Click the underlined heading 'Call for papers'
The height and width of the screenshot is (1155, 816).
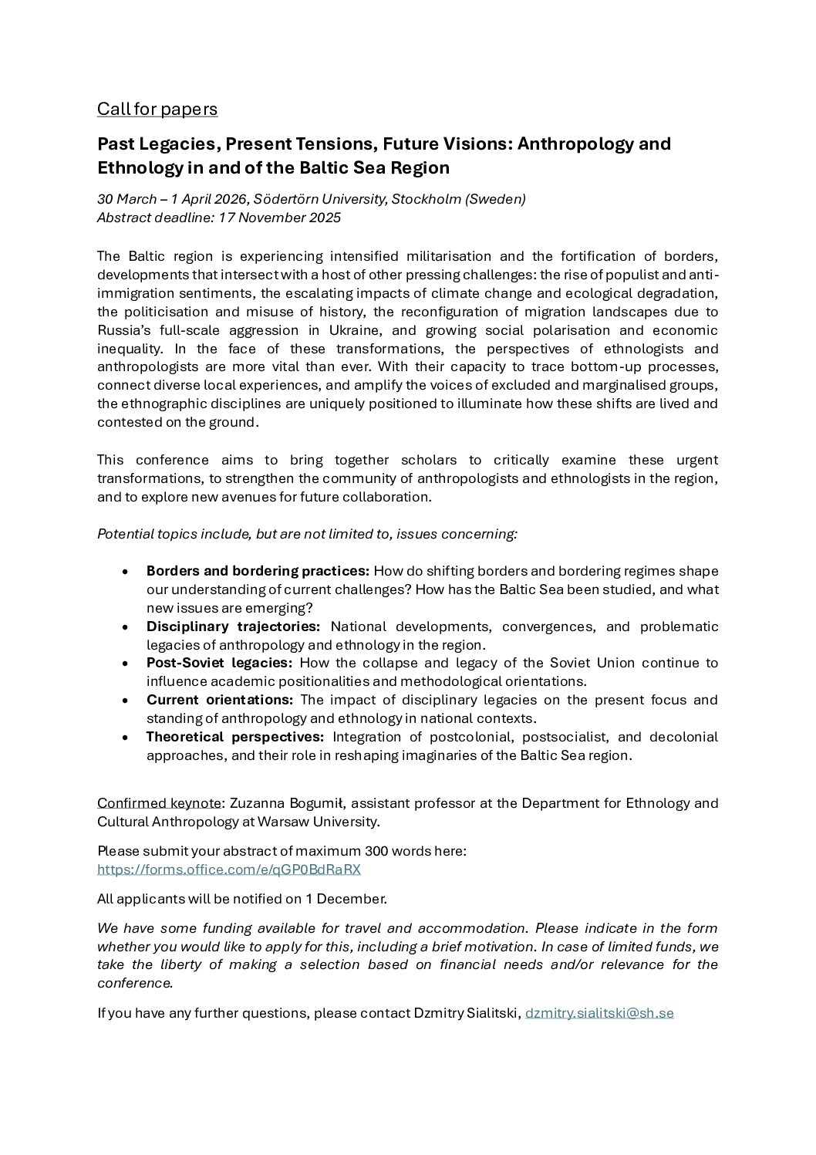157,110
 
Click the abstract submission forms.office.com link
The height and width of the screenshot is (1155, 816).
229,870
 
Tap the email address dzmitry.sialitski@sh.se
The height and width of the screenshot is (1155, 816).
599,1013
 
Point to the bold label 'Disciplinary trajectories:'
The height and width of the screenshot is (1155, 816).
232,626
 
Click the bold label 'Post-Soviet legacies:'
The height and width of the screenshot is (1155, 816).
220,663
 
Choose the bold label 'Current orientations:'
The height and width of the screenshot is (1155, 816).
220,700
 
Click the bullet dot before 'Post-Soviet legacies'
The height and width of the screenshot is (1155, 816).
125,664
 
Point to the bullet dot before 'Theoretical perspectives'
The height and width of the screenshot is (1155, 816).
125,738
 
